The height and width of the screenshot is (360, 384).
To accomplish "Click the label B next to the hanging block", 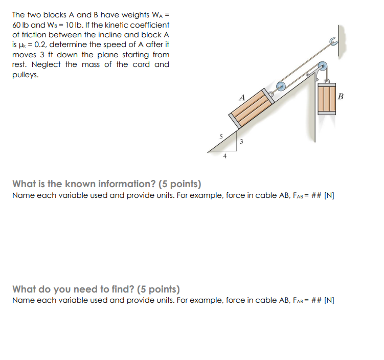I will coord(341,96).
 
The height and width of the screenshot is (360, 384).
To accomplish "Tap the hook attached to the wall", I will coord(333,43).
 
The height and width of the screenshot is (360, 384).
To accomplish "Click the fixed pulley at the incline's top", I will coord(322,67).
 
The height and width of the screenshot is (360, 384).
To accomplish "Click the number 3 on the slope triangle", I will coord(242,141).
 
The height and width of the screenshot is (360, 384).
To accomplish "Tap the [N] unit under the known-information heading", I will coord(329,196).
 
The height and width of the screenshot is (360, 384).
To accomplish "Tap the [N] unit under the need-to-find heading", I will coord(329,300).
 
